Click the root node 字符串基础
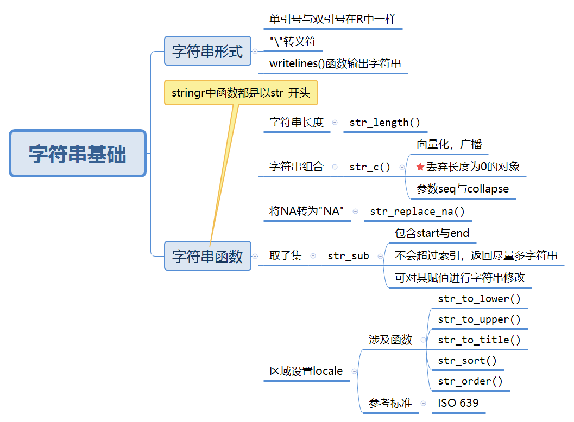pos(78,153)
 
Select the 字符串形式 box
pos(207,51)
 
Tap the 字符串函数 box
pos(207,256)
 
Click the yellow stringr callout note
pos(241,93)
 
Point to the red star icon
pos(420,167)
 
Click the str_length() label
pos(384,122)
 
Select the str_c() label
pos(370,167)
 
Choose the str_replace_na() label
pos(417,212)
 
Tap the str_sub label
pos(348,255)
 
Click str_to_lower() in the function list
pos(479,299)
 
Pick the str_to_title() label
pos(479,340)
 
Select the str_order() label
pos(470,381)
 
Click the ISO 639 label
pos(458,402)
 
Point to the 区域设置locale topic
pos(306,371)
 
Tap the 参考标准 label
pos(390,402)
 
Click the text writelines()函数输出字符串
pos(335,63)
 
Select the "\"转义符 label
pos(293,41)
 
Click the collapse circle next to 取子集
pos(313,255)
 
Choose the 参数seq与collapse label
pos(462,189)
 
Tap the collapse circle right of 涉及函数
pos(423,340)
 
